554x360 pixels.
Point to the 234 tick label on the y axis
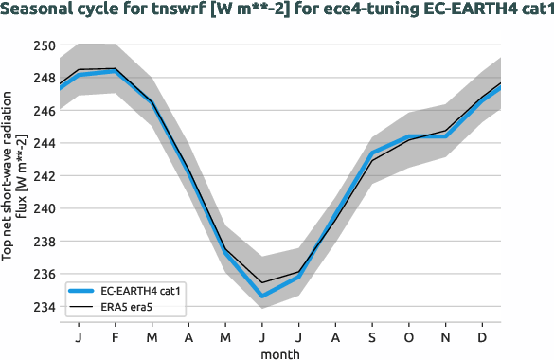(x=44, y=307)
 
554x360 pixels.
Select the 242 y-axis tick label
(x=44, y=176)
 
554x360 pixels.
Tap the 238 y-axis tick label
(x=44, y=242)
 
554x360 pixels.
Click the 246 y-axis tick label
(x=44, y=111)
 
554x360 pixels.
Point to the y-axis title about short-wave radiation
(x=13, y=176)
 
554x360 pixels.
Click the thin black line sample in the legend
(x=81, y=306)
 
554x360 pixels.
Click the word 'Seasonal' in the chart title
(x=38, y=10)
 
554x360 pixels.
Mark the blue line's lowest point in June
(x=261, y=297)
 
